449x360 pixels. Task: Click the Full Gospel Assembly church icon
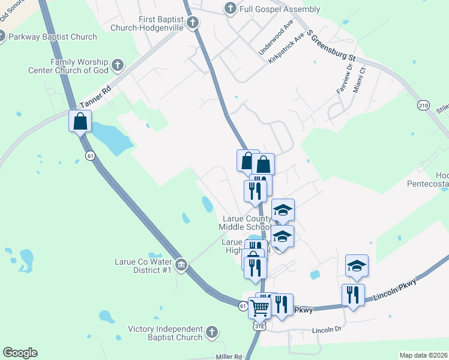point(229,9)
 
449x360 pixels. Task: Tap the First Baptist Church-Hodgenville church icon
point(192,23)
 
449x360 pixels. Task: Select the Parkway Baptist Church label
point(53,37)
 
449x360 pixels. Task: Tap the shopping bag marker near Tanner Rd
point(80,122)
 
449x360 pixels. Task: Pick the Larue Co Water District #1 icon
point(181,265)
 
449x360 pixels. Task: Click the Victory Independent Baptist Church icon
point(211,332)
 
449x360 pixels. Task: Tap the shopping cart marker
point(259,308)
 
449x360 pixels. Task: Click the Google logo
point(20,353)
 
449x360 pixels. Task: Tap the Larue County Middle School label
point(247,223)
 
